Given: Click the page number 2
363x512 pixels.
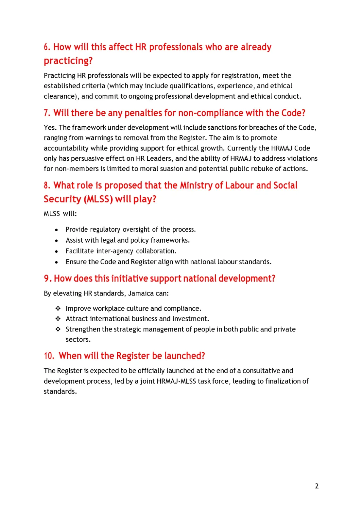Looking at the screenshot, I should tap(317, 486).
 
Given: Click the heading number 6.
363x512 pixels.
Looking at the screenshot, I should tap(47, 47).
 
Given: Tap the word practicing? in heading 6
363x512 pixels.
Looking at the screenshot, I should tap(68, 61).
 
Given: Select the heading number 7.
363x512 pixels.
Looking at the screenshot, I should tap(47, 113).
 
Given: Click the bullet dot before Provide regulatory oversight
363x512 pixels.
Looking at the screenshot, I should tap(57, 230).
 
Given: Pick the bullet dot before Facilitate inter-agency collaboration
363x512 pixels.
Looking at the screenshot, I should tap(57, 251).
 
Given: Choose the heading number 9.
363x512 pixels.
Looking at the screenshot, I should tap(47, 279).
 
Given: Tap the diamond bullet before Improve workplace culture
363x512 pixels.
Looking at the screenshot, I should tap(58, 309).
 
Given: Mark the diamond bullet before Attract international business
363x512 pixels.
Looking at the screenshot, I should tap(58, 319).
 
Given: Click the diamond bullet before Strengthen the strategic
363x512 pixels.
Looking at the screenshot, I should tap(58, 329).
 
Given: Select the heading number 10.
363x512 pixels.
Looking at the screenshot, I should tap(49, 356).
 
